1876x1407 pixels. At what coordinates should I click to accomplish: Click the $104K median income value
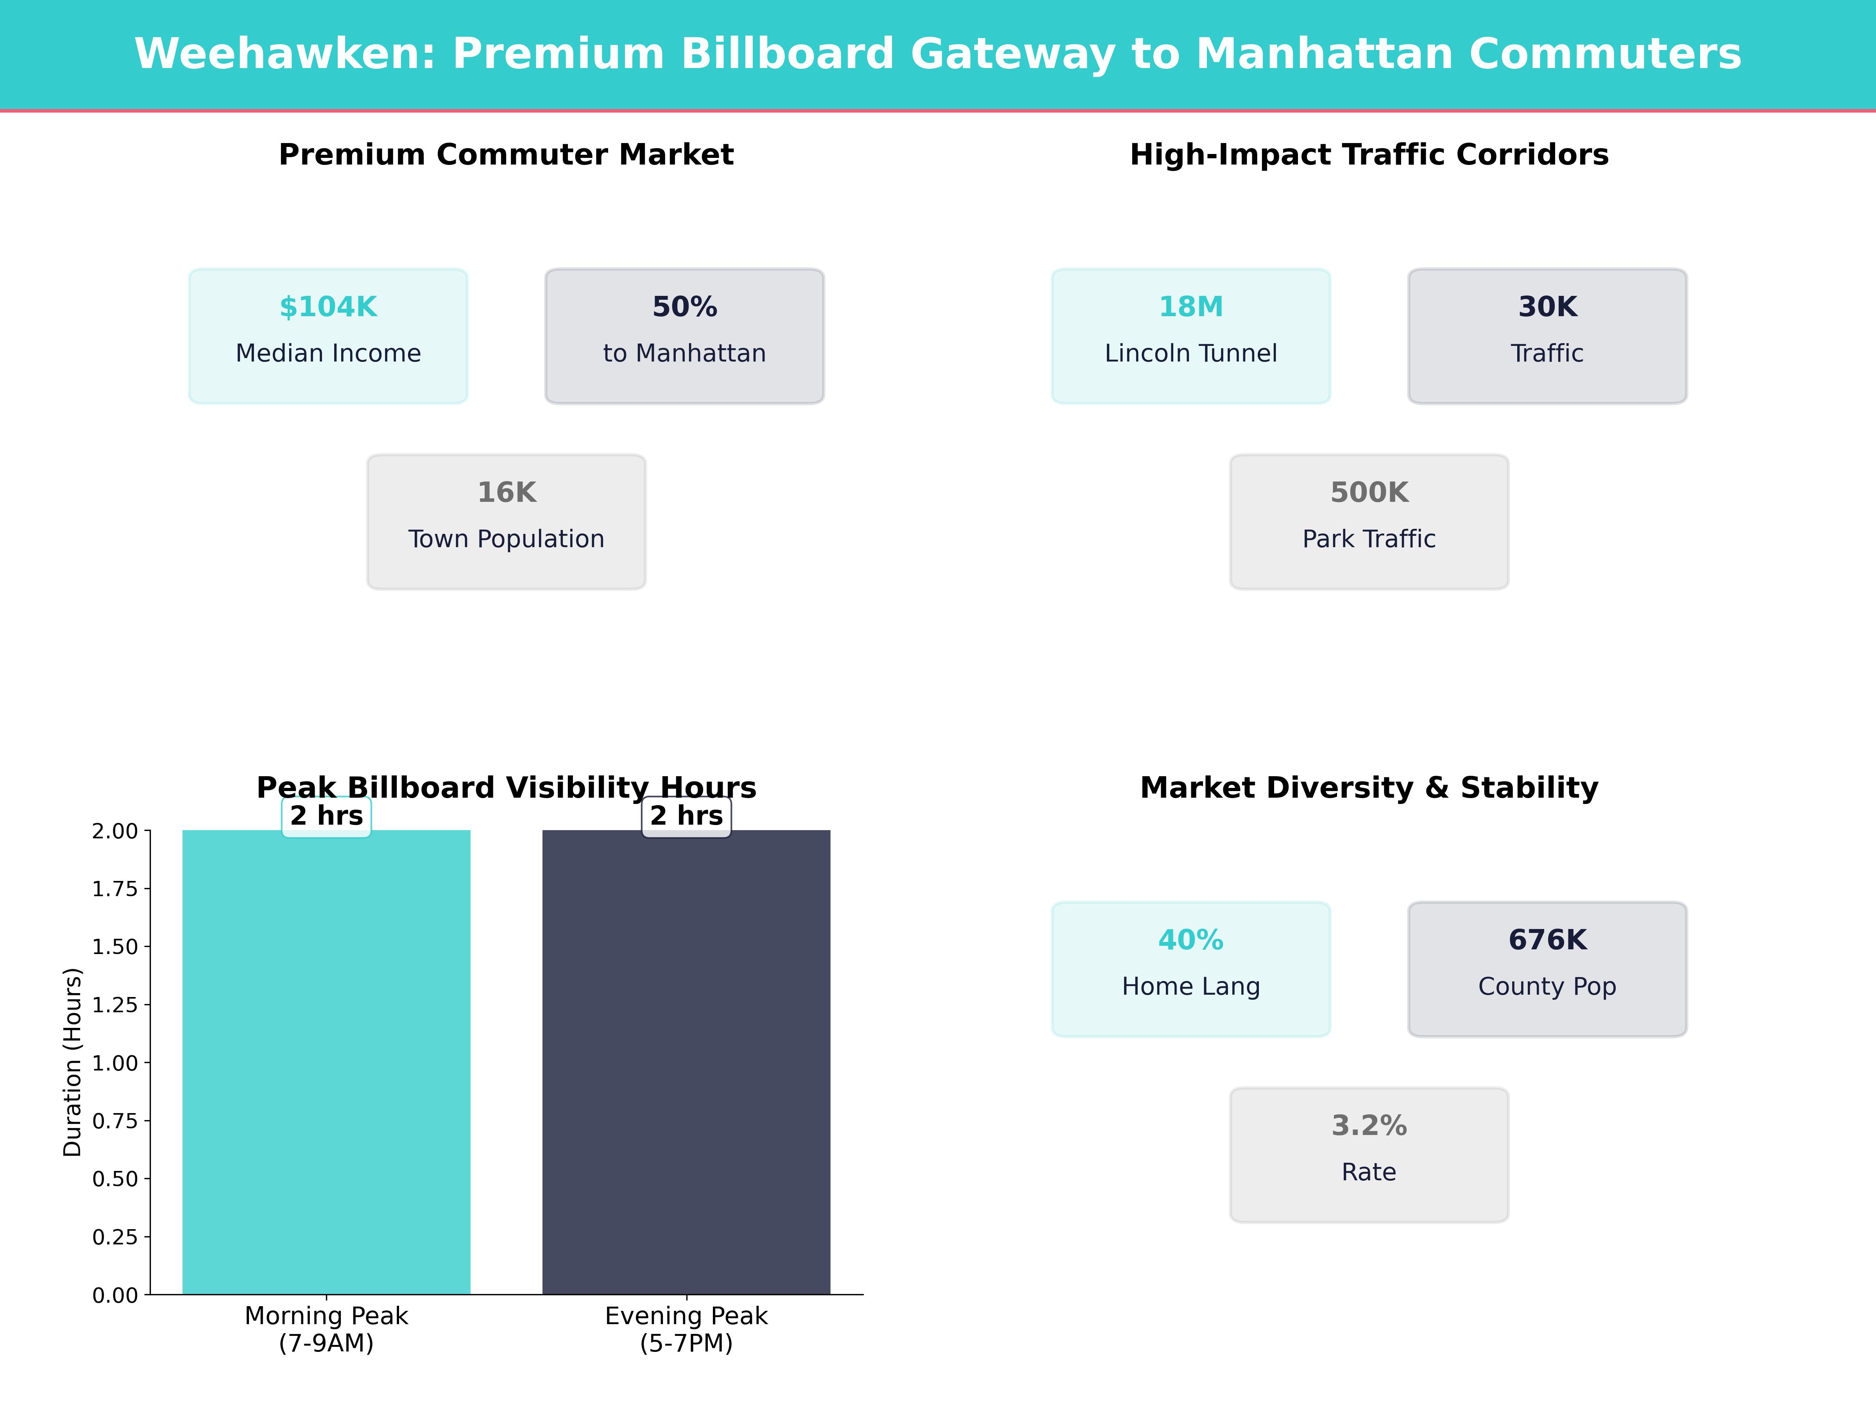328,307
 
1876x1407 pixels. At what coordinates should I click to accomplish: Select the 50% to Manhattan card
684,336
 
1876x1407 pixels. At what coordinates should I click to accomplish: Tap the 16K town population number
506,493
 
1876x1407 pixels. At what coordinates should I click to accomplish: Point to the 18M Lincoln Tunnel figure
1191,307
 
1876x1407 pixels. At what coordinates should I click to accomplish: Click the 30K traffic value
1547,307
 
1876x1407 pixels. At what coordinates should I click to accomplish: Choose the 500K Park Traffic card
1369,522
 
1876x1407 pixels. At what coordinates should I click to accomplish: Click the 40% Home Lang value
1191,941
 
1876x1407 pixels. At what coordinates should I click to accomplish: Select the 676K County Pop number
1547,941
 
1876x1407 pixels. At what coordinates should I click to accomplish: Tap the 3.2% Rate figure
1369,1126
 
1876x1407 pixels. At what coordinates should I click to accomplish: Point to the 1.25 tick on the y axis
115,1005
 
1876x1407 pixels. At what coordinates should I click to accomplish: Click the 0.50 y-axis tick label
115,1179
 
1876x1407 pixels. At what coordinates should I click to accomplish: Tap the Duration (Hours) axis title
73,1062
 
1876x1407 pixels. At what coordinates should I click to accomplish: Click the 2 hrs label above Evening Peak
686,816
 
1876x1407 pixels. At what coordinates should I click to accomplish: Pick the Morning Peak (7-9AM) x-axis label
326,1329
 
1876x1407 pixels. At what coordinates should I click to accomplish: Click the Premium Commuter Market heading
506,155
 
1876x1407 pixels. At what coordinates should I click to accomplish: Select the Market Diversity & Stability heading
1369,788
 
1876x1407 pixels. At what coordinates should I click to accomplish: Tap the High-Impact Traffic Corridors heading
1369,155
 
